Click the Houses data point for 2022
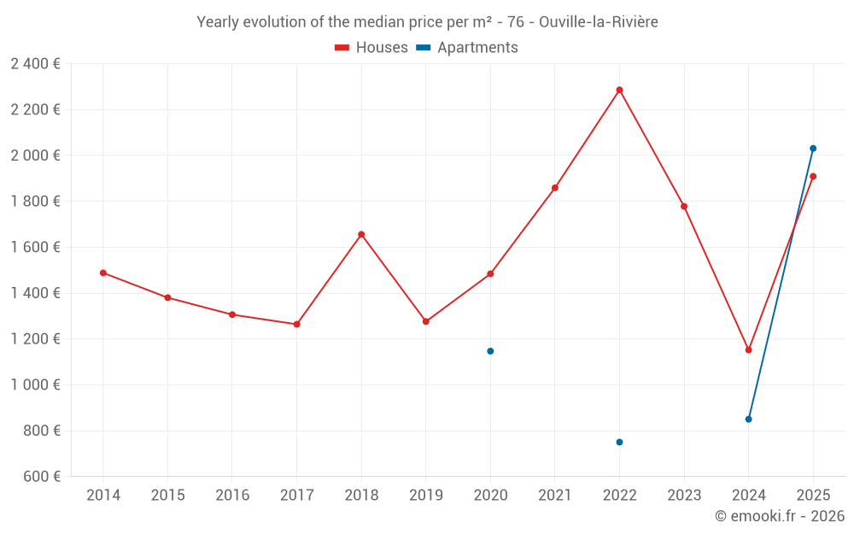click(619, 90)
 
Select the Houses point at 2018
click(361, 234)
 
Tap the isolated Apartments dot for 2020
click(490, 351)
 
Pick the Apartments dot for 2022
click(619, 442)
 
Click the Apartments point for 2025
click(813, 149)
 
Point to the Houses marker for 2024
click(748, 349)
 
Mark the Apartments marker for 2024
click(748, 419)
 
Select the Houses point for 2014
click(103, 273)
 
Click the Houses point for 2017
click(296, 324)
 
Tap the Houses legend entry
click(371, 48)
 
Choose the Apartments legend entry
click(467, 48)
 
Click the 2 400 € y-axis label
click(35, 63)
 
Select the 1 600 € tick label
click(35, 247)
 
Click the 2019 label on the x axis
click(425, 496)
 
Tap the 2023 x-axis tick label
click(684, 496)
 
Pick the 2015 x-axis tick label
click(167, 496)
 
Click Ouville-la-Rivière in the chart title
click(598, 22)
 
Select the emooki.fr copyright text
click(780, 516)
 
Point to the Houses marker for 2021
click(555, 188)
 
